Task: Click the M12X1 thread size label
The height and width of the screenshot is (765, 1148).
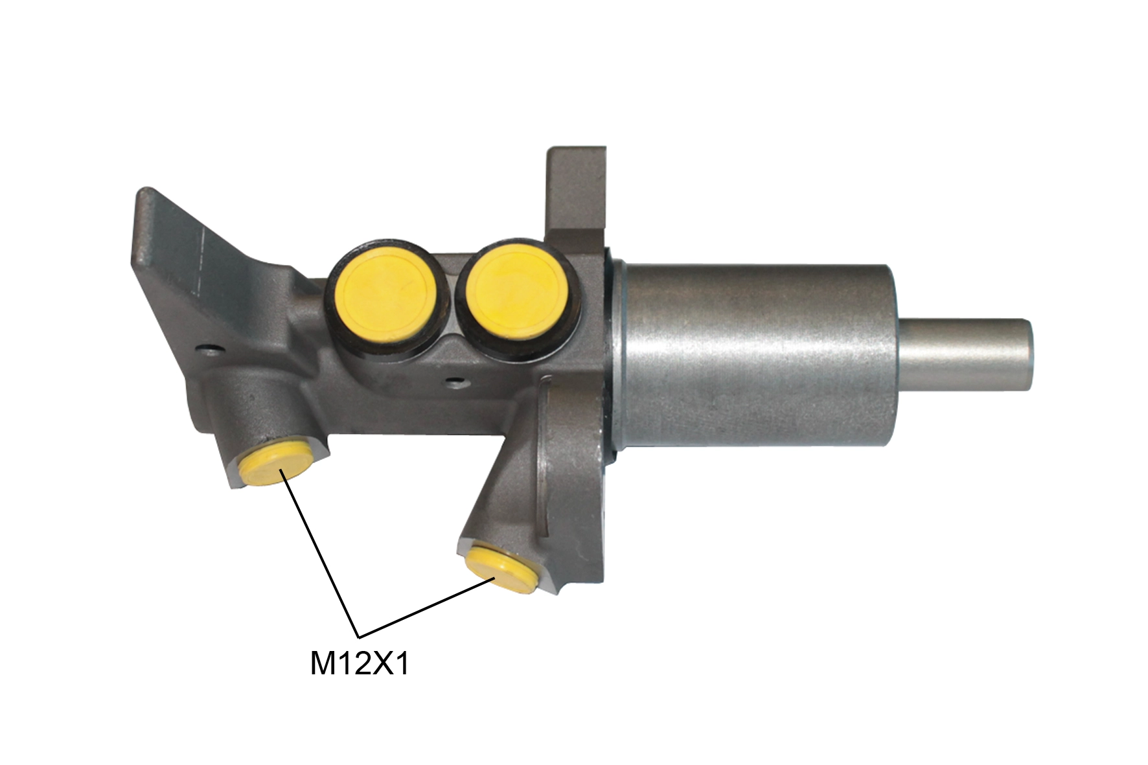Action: click(x=360, y=664)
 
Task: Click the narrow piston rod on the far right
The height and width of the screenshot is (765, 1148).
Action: click(x=965, y=354)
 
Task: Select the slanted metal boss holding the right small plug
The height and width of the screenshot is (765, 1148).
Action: click(x=518, y=492)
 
